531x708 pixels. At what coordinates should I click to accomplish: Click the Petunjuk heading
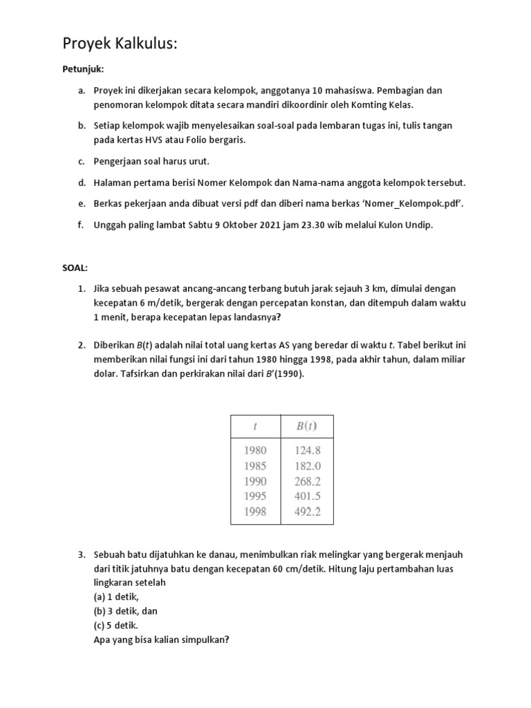83,69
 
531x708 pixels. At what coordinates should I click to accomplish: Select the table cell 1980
254,450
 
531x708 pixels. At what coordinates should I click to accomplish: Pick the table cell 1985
254,465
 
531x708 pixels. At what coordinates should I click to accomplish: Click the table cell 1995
254,496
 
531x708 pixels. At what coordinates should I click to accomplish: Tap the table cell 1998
254,512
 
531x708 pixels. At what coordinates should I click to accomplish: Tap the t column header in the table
254,426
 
